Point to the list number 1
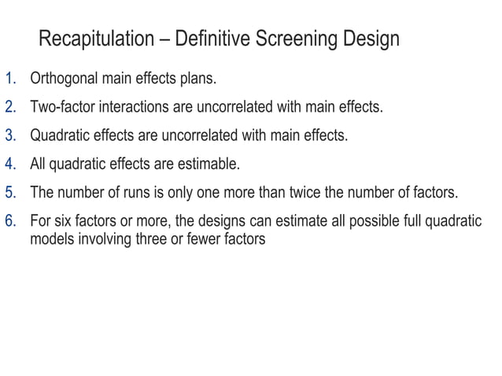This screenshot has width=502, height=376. click(x=10, y=79)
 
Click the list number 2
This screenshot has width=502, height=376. click(x=10, y=108)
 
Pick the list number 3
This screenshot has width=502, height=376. click(x=10, y=136)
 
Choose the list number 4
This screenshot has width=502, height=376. click(x=10, y=164)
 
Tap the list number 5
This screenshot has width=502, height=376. click(x=10, y=193)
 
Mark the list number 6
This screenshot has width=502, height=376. click(x=10, y=221)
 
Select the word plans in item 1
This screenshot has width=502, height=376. click(x=194, y=79)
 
